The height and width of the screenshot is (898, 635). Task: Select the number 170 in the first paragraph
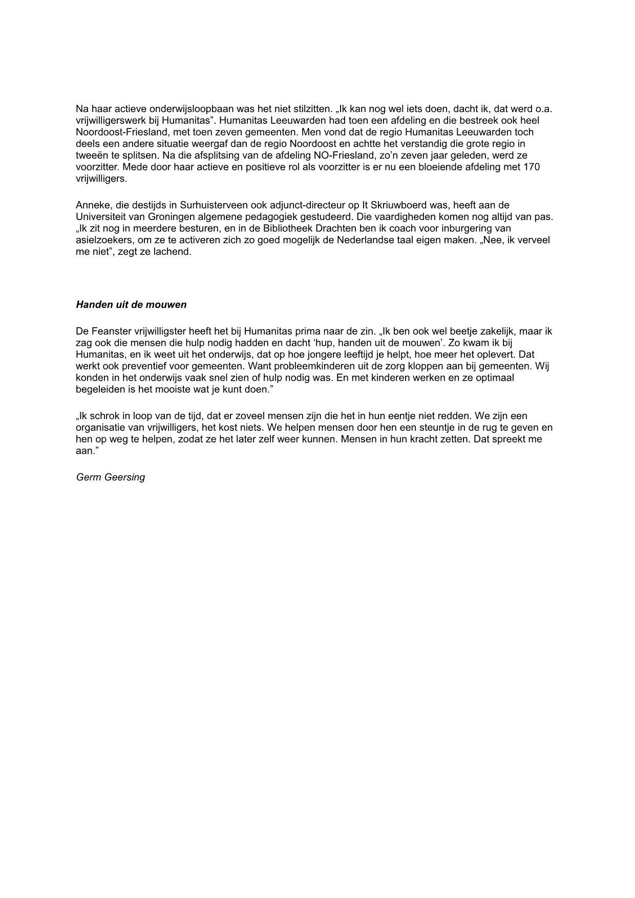pyautogui.click(x=531, y=167)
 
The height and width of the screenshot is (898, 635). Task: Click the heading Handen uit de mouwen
pyautogui.click(x=131, y=305)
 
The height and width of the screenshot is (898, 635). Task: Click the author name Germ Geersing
pyautogui.click(x=111, y=477)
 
